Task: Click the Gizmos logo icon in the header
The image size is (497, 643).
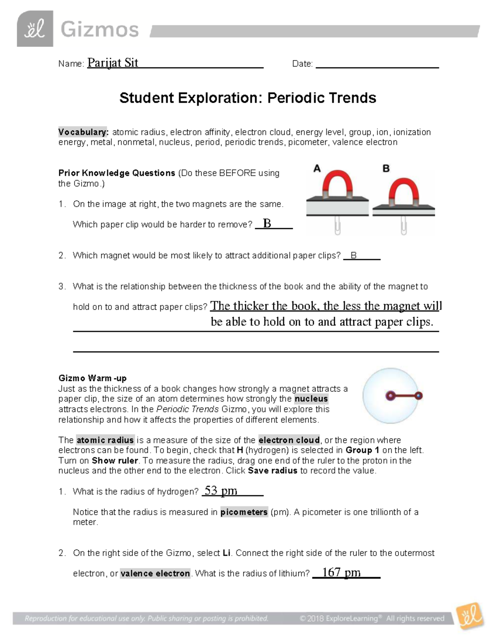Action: click(x=35, y=29)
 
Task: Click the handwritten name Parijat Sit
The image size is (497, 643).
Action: click(x=113, y=63)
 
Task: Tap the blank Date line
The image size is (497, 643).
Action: click(x=377, y=64)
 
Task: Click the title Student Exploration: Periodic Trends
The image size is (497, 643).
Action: click(x=248, y=98)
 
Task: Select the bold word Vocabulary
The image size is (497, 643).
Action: click(x=83, y=132)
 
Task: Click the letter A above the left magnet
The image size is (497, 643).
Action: click(x=317, y=168)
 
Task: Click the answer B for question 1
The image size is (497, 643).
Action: click(x=267, y=224)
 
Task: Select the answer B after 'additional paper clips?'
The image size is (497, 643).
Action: click(x=353, y=255)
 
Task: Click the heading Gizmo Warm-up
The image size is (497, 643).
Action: click(x=92, y=378)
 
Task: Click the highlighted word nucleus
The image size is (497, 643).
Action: click(x=311, y=399)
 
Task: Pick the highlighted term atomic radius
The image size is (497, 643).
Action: click(x=105, y=440)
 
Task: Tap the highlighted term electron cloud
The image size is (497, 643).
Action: click(x=289, y=440)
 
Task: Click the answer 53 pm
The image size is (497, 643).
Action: click(x=221, y=491)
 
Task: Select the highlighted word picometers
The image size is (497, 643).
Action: click(x=244, y=512)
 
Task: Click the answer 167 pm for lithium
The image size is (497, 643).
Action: click(x=341, y=572)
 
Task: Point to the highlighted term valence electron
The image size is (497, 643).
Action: click(x=155, y=573)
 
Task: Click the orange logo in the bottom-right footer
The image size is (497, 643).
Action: click(x=470, y=617)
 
